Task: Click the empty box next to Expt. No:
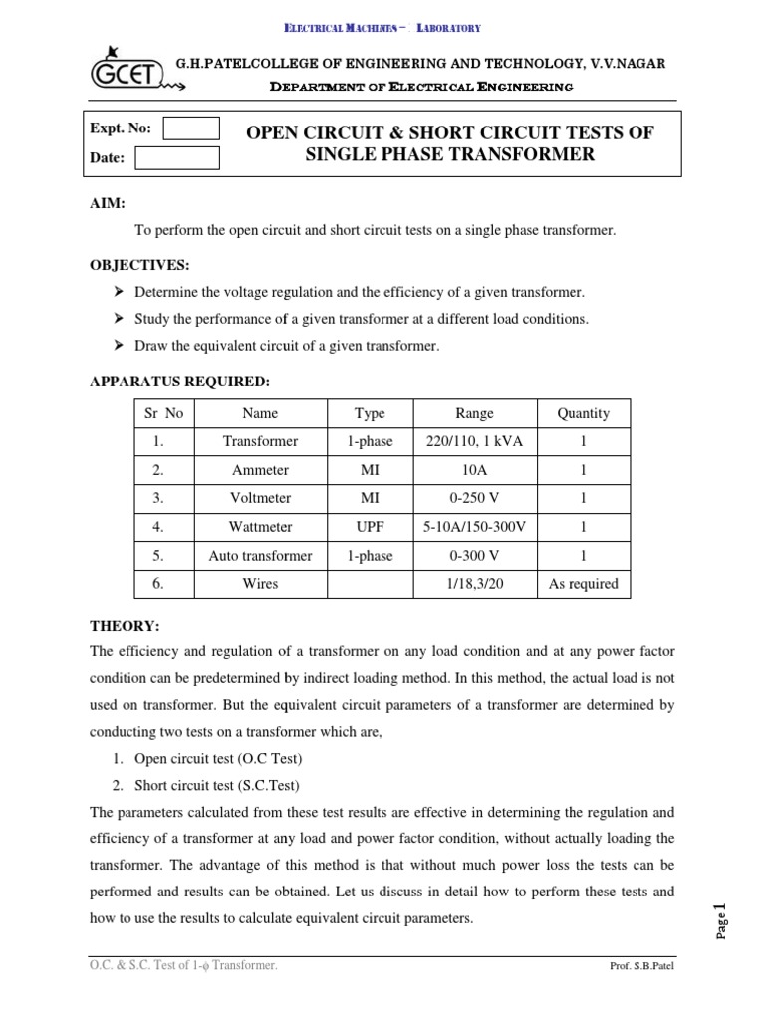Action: point(190,128)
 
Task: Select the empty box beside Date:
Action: point(176,158)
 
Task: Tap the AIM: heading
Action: point(108,203)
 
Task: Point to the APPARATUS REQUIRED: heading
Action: point(180,381)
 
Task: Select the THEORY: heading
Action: point(124,625)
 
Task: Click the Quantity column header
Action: point(584,413)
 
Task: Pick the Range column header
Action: point(474,413)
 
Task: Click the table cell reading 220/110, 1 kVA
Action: point(474,441)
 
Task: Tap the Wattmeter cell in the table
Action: point(259,527)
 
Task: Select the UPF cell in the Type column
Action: point(369,527)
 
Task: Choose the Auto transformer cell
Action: point(259,556)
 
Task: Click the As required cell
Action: point(584,584)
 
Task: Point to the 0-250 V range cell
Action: point(474,498)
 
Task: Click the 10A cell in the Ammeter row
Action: point(474,470)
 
